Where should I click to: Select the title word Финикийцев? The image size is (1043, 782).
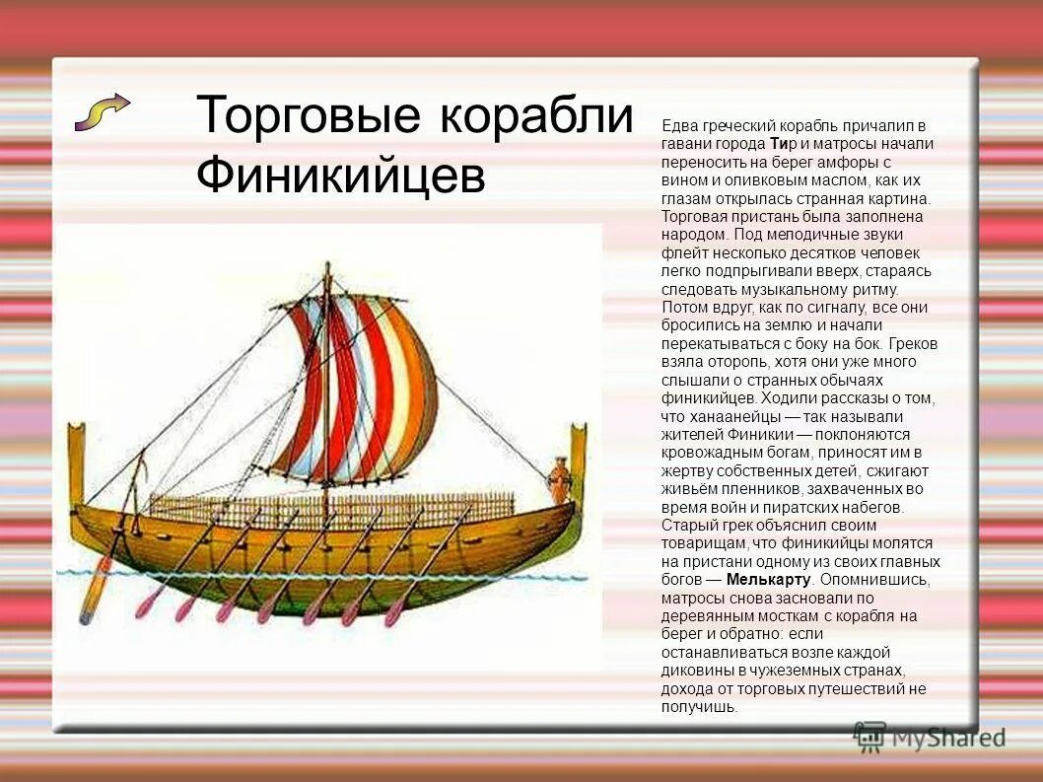point(340,177)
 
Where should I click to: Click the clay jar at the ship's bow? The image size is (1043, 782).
point(560,480)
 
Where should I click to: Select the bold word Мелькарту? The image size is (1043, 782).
point(768,579)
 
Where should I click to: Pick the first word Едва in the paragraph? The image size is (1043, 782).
point(679,126)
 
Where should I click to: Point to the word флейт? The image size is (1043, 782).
point(681,252)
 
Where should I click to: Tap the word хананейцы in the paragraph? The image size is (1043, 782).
point(730,416)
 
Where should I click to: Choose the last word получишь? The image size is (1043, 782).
point(699,706)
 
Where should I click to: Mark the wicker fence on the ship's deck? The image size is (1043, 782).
point(335,508)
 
